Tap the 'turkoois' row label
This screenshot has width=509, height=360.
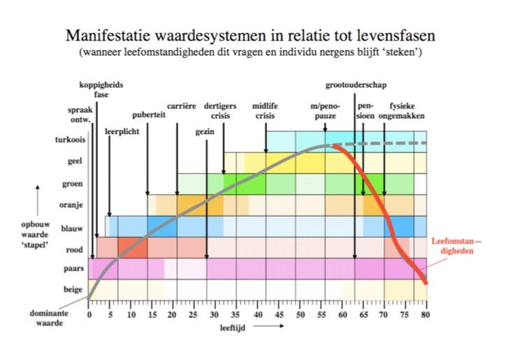(x=69, y=140)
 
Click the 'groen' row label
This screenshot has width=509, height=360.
(x=73, y=184)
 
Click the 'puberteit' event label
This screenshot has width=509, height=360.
(x=148, y=115)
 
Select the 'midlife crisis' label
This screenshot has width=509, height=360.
(x=265, y=111)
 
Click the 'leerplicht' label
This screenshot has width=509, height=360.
(x=122, y=130)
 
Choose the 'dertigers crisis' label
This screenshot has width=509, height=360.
(x=221, y=111)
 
